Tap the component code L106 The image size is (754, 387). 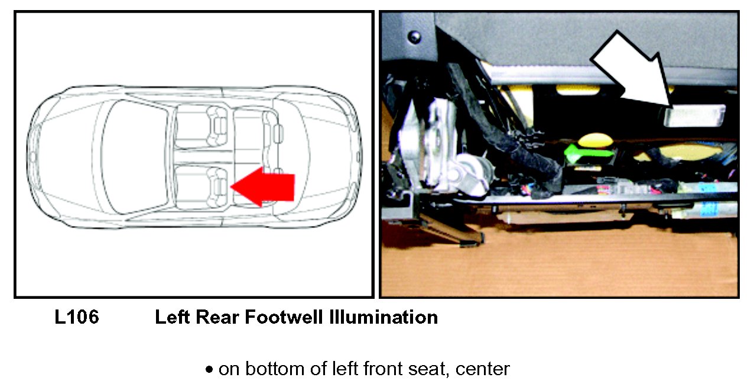[77, 318]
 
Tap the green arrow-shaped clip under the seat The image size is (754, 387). [589, 153]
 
